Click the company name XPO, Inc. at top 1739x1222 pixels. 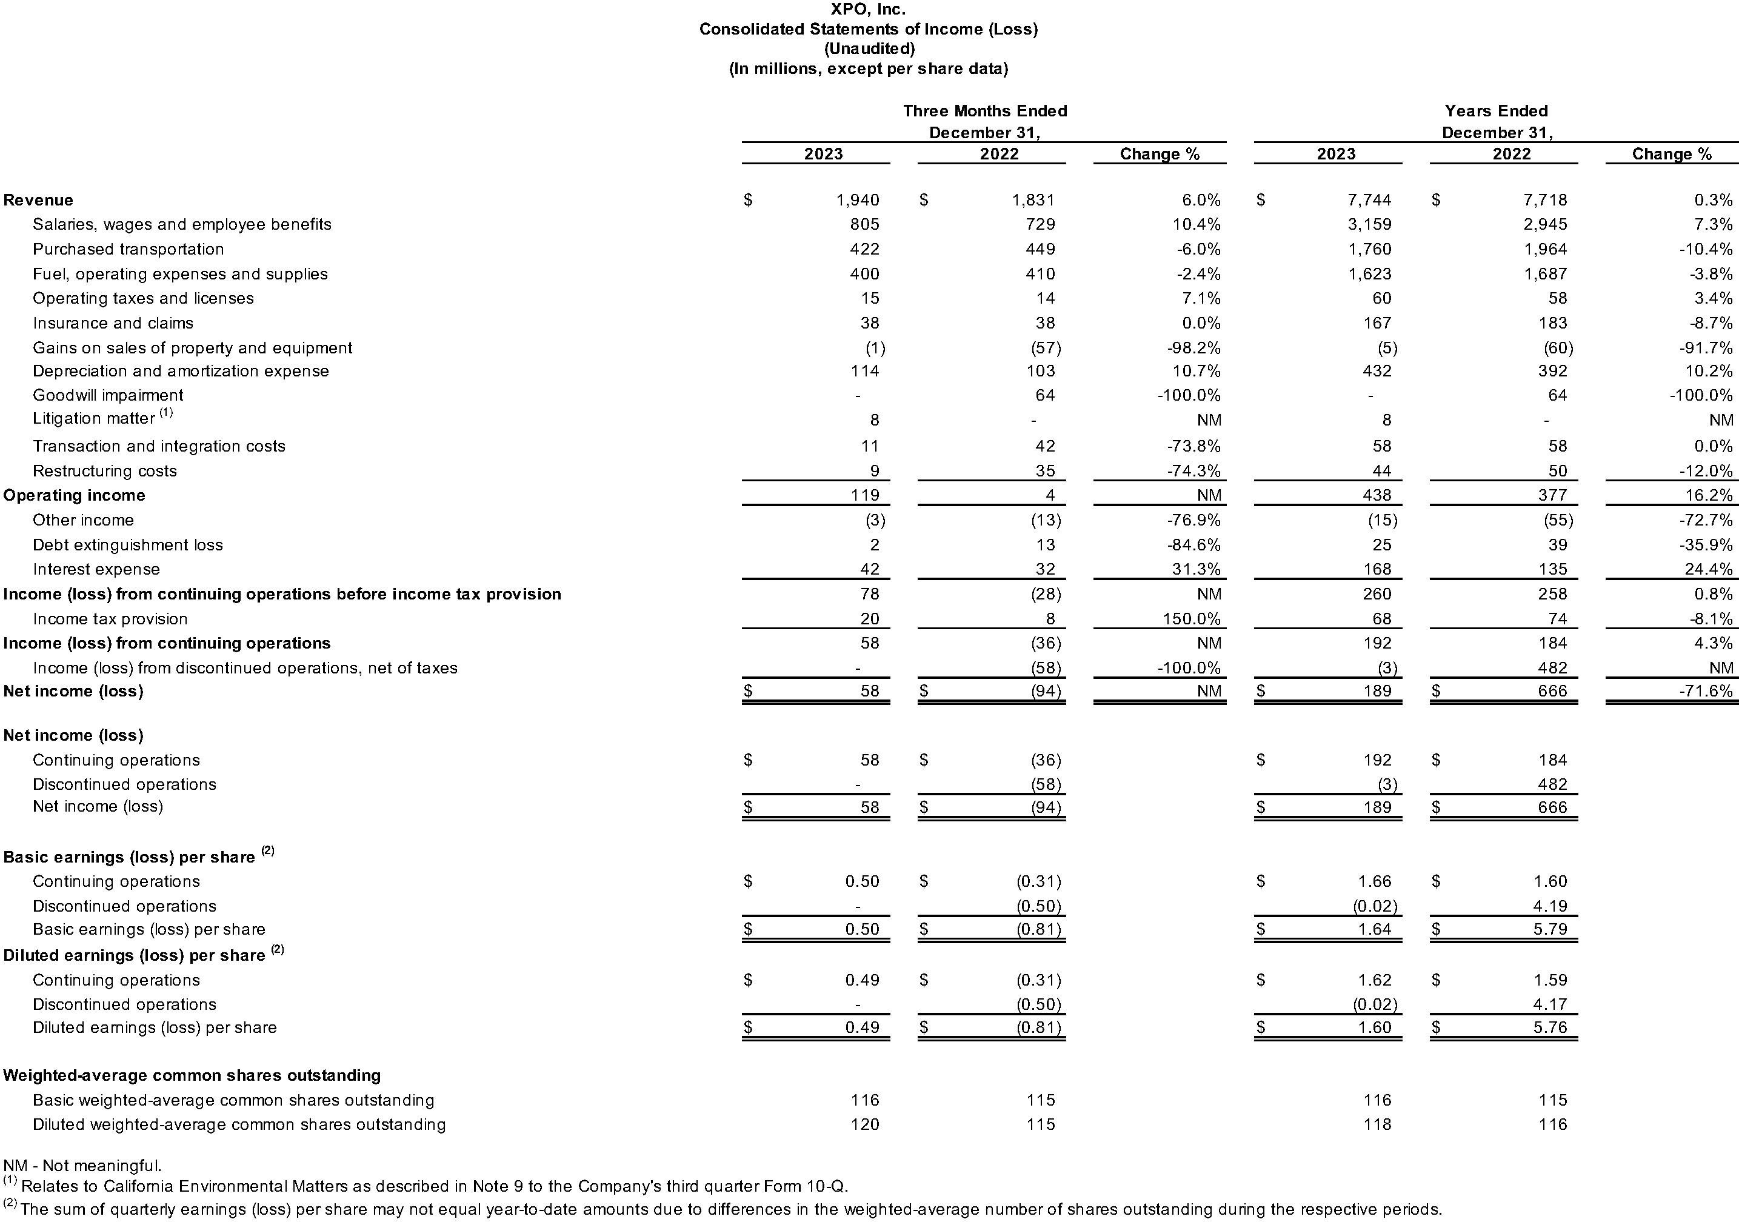[x=868, y=9]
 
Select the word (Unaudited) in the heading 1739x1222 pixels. [x=869, y=48]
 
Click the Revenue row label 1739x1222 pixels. [x=39, y=200]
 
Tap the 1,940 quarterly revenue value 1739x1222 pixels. [x=858, y=200]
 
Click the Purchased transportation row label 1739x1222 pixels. [x=128, y=249]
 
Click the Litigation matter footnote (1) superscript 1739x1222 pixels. [x=166, y=413]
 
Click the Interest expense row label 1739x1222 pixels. [x=96, y=570]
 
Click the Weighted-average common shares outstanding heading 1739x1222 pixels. [x=192, y=1076]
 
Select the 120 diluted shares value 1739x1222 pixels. [x=864, y=1125]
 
